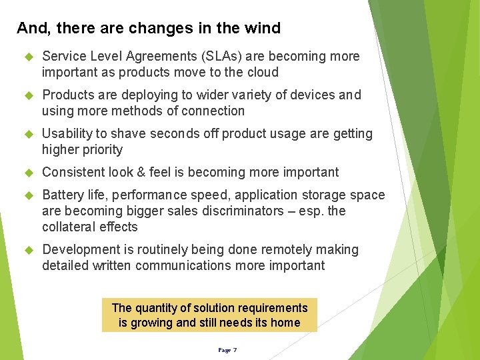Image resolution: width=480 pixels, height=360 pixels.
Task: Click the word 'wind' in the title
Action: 264,28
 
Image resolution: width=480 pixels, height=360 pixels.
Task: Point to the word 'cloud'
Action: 261,72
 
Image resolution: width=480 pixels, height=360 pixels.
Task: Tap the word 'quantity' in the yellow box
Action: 155,308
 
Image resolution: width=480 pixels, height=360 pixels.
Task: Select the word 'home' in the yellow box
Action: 285,323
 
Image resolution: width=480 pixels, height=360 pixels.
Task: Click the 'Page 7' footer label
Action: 227,350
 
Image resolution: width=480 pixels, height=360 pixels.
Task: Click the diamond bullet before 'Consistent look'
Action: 28,173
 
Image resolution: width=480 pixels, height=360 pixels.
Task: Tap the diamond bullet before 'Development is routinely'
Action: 28,250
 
